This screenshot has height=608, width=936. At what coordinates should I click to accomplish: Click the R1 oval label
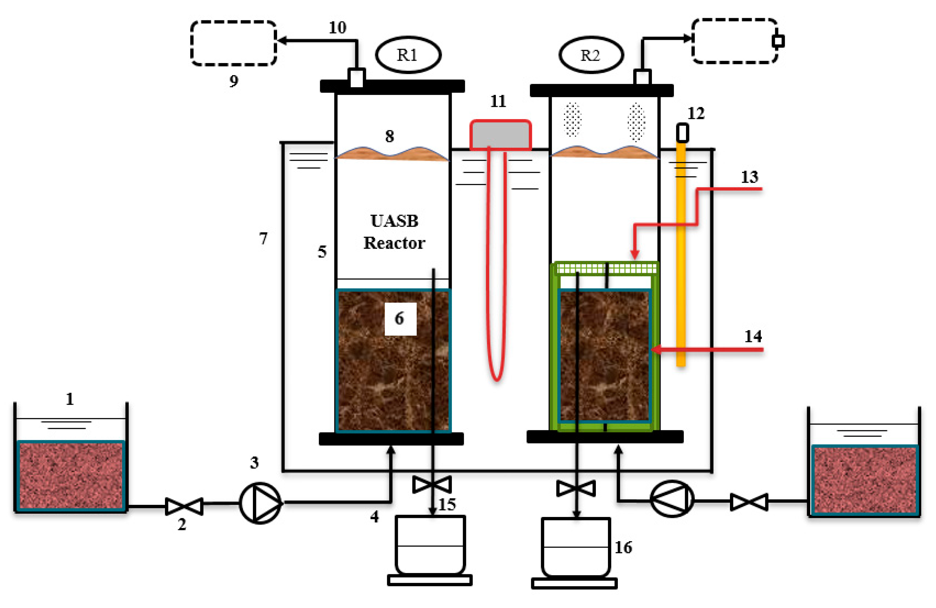(408, 55)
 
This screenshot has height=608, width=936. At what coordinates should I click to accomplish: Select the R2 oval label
(591, 55)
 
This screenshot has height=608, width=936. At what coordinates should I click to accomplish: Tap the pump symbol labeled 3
(260, 503)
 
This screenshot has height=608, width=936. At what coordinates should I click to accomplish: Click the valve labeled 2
(184, 506)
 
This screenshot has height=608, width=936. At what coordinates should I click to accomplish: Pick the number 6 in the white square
(400, 318)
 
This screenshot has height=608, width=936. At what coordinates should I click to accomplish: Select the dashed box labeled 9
(234, 43)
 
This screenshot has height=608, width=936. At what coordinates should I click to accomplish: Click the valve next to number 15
(432, 484)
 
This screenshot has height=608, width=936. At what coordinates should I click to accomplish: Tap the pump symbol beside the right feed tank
(672, 498)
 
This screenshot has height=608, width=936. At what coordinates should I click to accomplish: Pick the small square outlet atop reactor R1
(356, 78)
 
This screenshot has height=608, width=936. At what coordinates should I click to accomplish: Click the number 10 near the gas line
(338, 27)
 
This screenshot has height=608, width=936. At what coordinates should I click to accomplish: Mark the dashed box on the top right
(735, 41)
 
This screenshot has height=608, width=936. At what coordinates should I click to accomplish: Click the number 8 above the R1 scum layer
(389, 136)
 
